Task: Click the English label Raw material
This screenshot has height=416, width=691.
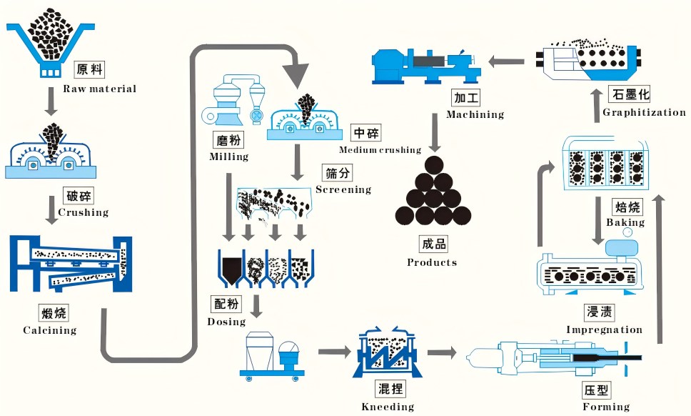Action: pyautogui.click(x=99, y=89)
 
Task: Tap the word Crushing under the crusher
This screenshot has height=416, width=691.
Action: pyautogui.click(x=83, y=212)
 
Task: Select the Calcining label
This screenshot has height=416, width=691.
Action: pyautogui.click(x=49, y=330)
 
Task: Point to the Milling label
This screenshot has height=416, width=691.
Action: pyautogui.click(x=228, y=157)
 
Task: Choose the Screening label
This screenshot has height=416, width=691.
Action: pyautogui.click(x=343, y=189)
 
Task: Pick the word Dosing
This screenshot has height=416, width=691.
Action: pyautogui.click(x=226, y=322)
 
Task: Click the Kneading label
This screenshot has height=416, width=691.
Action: pyautogui.click(x=388, y=407)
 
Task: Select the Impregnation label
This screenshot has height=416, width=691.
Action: pyautogui.click(x=604, y=330)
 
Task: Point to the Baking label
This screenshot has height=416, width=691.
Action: pyautogui.click(x=625, y=222)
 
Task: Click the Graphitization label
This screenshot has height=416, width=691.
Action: pyautogui.click(x=644, y=112)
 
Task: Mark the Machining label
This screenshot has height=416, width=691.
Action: pyautogui.click(x=475, y=114)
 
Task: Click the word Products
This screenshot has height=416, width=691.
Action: pyautogui.click(x=432, y=262)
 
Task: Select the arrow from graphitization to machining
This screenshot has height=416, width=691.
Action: pyautogui.click(x=508, y=62)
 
